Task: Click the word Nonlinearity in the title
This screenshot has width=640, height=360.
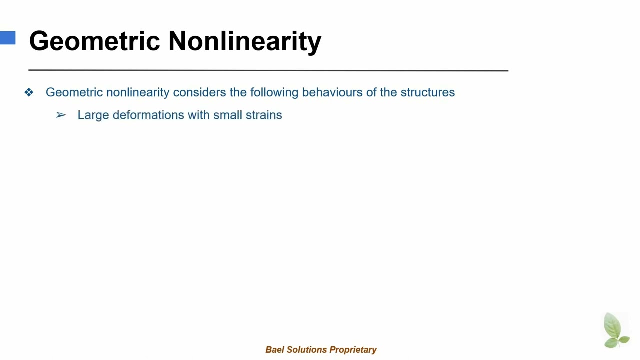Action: pyautogui.click(x=245, y=41)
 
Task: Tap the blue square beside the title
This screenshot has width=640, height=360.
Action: pyautogui.click(x=7, y=38)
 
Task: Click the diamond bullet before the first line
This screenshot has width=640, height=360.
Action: pyautogui.click(x=29, y=92)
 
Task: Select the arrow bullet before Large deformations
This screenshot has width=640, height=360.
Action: pyautogui.click(x=61, y=115)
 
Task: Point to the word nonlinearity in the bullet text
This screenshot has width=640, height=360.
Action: pyautogui.click(x=138, y=92)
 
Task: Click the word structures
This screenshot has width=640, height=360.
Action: pyautogui.click(x=427, y=92)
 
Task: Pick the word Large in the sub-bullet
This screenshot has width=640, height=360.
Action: pyautogui.click(x=93, y=115)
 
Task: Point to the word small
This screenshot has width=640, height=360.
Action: pyautogui.click(x=225, y=115)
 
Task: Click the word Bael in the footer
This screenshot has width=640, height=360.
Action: pyautogui.click(x=274, y=350)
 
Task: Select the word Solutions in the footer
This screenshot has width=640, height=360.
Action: pyautogui.click(x=304, y=350)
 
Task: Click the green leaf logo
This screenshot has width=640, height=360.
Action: pyautogui.click(x=616, y=330)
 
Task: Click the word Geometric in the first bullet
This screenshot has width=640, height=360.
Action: pyautogui.click(x=74, y=92)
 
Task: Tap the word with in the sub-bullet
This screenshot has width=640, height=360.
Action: pyautogui.click(x=199, y=115)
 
